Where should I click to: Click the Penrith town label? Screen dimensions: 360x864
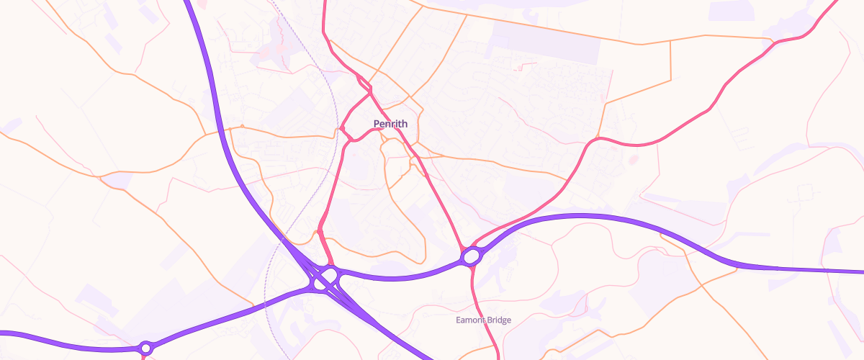(x=390, y=124)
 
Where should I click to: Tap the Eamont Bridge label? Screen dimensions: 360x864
(x=483, y=320)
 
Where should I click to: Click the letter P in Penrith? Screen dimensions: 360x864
(x=377, y=124)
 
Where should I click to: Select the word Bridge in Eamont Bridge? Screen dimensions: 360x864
(x=497, y=320)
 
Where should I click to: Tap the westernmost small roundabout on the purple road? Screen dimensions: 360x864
(x=146, y=348)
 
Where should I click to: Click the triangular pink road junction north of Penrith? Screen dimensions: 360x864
(x=370, y=91)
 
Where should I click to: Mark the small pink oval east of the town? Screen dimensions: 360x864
(x=634, y=159)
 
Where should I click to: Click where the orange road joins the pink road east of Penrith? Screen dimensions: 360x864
(x=598, y=137)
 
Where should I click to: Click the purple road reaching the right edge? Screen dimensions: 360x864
(x=828, y=271)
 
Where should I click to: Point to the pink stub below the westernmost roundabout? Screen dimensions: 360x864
(x=144, y=356)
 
